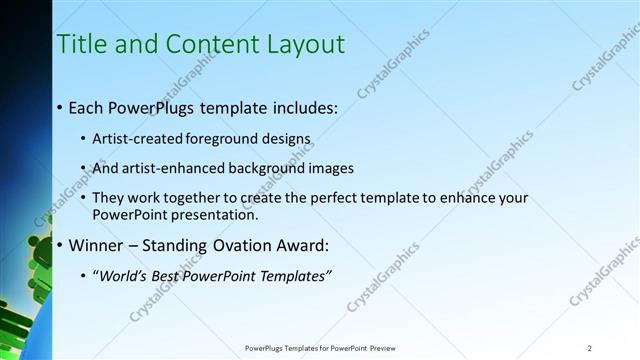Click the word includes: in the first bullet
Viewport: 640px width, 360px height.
298,106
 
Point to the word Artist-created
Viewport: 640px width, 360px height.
133,139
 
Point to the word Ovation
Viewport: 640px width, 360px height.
232,244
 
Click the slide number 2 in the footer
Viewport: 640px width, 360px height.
590,348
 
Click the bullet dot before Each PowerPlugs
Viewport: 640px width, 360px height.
60,107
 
